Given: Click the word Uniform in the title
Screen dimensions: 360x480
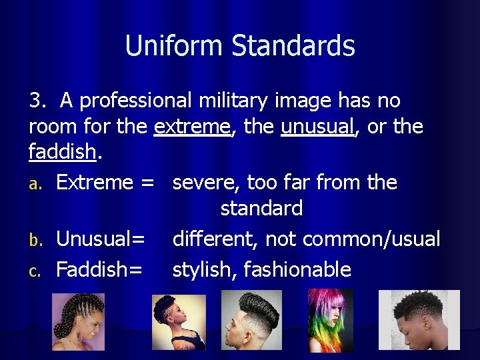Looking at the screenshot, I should [x=175, y=46].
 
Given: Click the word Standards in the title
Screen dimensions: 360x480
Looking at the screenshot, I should [x=293, y=46].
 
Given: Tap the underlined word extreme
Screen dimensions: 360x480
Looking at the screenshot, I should [x=192, y=127].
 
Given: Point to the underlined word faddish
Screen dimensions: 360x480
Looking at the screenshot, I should [x=63, y=152].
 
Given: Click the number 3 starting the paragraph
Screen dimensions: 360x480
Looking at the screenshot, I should [x=36, y=101].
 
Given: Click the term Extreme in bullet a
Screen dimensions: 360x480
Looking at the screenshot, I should [x=95, y=182].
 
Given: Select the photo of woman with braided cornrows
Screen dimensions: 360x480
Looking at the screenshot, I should [x=79, y=322].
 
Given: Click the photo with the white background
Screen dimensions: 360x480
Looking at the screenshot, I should [x=419, y=320].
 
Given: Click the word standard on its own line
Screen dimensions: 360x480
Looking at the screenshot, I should [x=261, y=208].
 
